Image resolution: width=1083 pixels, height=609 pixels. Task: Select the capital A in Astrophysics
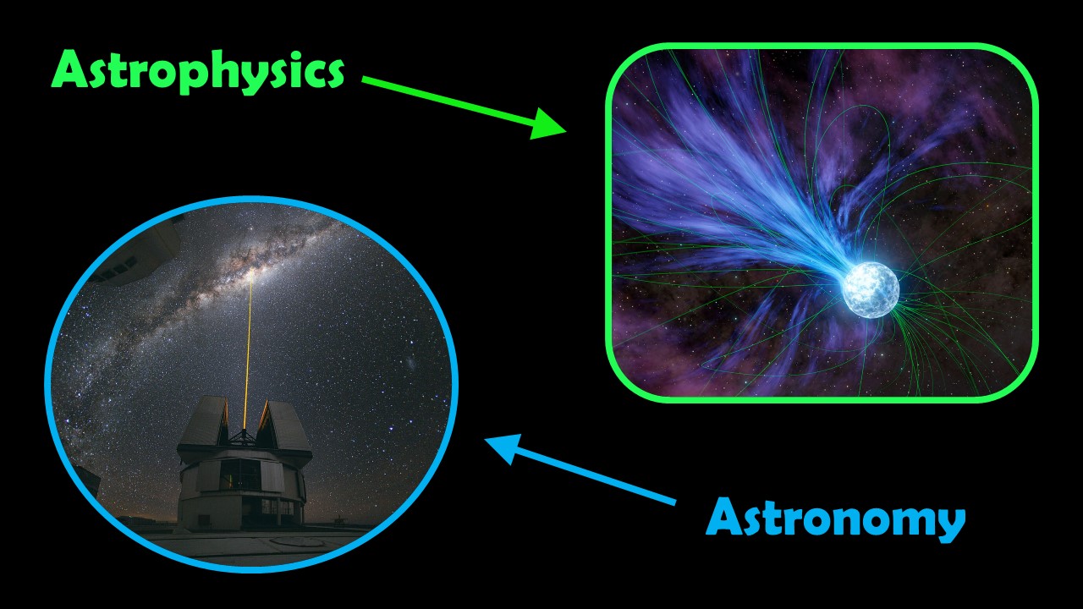[x=71, y=70]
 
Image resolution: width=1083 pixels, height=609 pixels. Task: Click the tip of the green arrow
[x=563, y=131]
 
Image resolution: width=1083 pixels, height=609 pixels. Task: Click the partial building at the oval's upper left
[x=144, y=245]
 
